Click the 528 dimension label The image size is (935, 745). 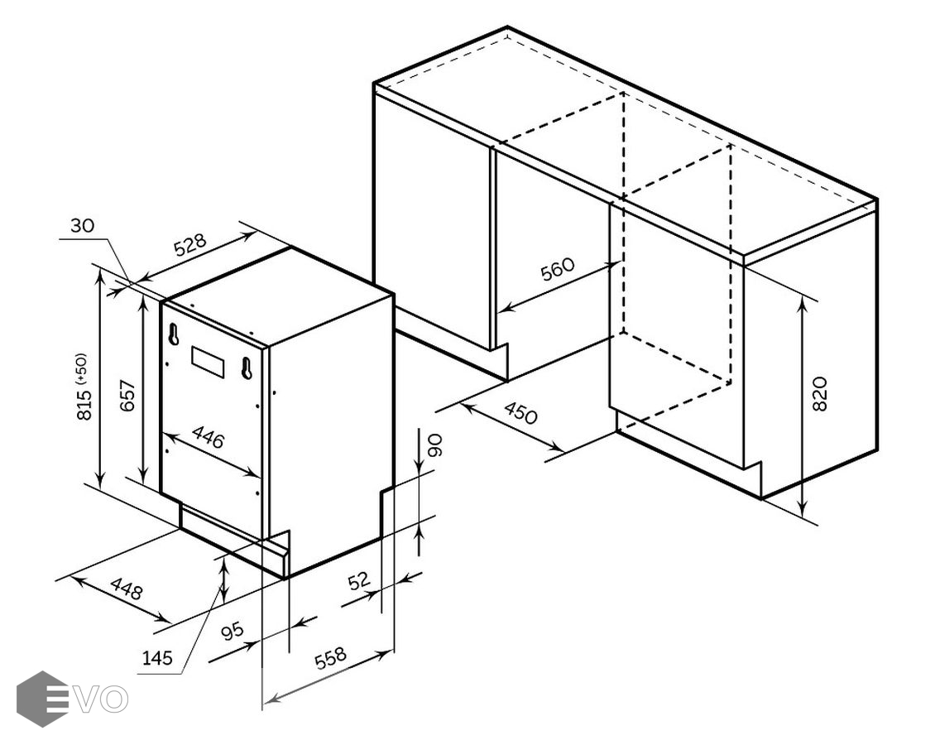click(x=190, y=245)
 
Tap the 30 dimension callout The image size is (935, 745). click(x=82, y=225)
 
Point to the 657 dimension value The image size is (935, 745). click(x=128, y=396)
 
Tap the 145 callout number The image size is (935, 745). click(x=157, y=658)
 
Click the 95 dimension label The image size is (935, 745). click(x=232, y=631)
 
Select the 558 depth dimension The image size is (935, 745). click(x=330, y=658)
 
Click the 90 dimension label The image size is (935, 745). click(x=434, y=445)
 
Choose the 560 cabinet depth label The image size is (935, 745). click(x=557, y=269)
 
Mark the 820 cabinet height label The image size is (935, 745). click(x=821, y=393)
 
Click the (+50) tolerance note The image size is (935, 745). click(x=82, y=368)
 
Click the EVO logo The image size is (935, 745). click(x=72, y=699)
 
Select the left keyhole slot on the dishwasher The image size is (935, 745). click(x=173, y=334)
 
